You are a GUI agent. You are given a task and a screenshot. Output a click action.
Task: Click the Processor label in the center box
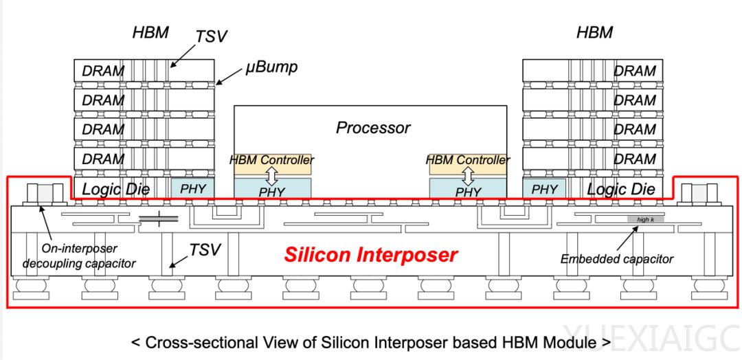(373, 128)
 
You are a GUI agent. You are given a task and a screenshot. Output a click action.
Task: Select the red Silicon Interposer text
(371, 255)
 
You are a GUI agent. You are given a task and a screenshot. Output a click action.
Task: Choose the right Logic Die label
(620, 189)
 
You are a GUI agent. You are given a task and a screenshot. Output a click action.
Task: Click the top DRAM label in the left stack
(103, 71)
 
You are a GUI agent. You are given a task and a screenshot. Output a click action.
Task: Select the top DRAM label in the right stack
(635, 71)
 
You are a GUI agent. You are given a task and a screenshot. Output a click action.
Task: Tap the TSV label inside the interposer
(205, 250)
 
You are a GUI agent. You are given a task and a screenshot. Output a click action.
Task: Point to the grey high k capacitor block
(644, 219)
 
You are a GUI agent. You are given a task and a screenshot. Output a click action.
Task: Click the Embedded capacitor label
(617, 259)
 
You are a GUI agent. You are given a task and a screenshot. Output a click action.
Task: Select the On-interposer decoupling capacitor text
(79, 256)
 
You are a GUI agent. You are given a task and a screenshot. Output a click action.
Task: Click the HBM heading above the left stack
(150, 32)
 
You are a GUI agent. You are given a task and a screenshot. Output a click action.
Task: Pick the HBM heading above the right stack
(595, 32)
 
